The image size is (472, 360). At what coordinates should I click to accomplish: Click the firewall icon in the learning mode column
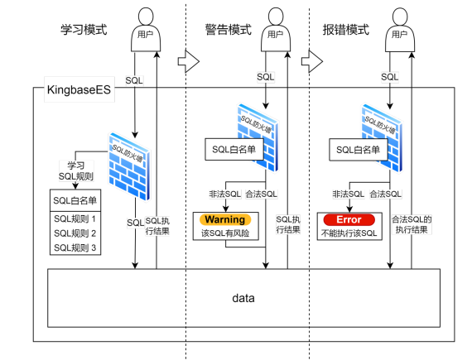point(129,166)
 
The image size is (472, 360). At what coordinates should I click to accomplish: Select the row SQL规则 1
point(75,218)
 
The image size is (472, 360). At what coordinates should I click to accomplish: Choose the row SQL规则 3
point(75,247)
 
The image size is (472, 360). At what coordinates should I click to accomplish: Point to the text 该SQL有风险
point(225,234)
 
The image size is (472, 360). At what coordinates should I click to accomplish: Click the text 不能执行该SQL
point(349,234)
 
